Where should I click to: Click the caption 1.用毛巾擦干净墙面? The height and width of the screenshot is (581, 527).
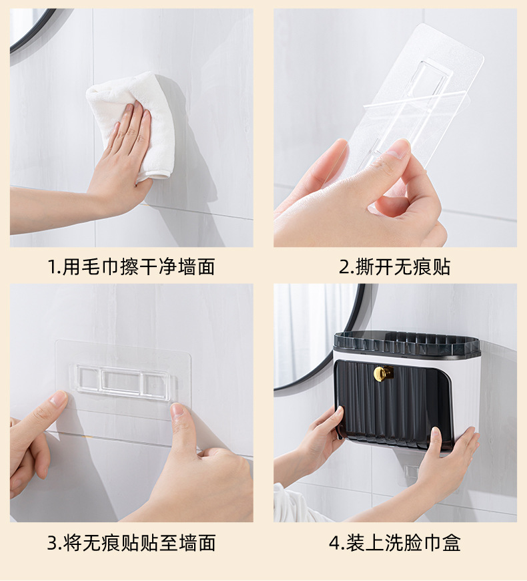(131, 267)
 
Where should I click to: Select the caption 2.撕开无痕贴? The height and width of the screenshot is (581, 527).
(394, 267)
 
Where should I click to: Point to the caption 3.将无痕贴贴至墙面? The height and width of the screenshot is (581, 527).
(131, 542)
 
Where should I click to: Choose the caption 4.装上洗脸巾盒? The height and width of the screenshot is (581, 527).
(394, 542)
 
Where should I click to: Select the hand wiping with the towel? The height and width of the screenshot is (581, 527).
(123, 160)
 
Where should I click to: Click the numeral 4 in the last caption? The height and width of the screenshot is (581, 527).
(334, 542)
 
